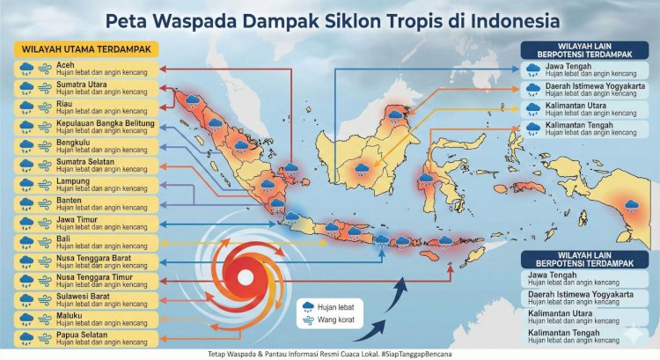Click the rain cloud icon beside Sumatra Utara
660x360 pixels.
[x=26, y=88]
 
